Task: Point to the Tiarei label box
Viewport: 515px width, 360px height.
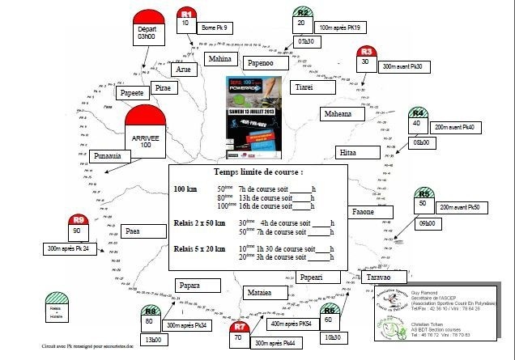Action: (304, 87)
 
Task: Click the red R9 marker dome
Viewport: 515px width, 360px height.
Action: (79, 219)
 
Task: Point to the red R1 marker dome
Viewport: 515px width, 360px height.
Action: (186, 14)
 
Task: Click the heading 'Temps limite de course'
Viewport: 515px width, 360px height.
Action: (258, 172)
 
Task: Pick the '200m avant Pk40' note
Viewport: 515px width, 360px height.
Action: (458, 127)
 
